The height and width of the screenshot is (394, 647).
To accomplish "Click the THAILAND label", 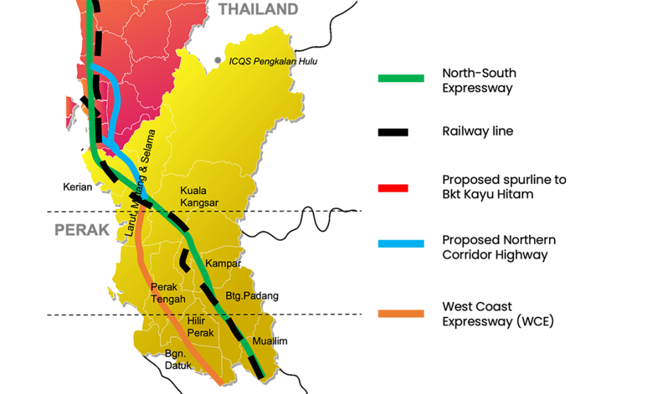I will tap(258, 9).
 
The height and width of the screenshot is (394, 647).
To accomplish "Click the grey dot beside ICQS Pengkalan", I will tap(217, 60).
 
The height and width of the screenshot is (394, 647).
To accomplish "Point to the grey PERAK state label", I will tap(82, 230).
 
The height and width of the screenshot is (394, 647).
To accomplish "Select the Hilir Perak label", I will tap(200, 327).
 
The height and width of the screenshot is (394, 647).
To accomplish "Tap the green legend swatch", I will tap(401, 78).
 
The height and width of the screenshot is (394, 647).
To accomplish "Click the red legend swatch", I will tap(393, 188).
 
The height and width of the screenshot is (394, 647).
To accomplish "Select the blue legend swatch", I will tap(401, 244).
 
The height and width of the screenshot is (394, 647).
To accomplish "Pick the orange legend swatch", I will tap(401, 313).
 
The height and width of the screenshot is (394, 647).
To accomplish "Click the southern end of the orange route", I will tap(219, 382).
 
